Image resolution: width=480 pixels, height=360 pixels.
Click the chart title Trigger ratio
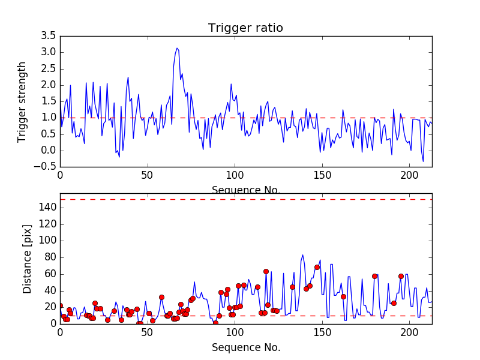245,28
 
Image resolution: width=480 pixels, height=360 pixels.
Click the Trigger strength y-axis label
22,101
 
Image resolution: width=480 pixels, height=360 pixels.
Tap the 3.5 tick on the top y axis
48,36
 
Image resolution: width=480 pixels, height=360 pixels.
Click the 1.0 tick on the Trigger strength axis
48,118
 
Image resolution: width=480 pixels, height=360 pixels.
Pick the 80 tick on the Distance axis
49,257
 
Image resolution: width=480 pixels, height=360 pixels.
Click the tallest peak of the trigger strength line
177,48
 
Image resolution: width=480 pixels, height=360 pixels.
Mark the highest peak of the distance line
302,255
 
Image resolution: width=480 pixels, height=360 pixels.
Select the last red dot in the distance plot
401,276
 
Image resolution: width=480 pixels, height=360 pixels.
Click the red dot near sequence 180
374,276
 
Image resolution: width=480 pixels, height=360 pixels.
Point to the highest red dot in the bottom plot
317,267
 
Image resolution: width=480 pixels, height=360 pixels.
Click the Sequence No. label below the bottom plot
245,347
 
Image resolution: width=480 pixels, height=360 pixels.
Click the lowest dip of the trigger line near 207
422,161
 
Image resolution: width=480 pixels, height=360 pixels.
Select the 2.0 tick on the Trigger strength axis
48,85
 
